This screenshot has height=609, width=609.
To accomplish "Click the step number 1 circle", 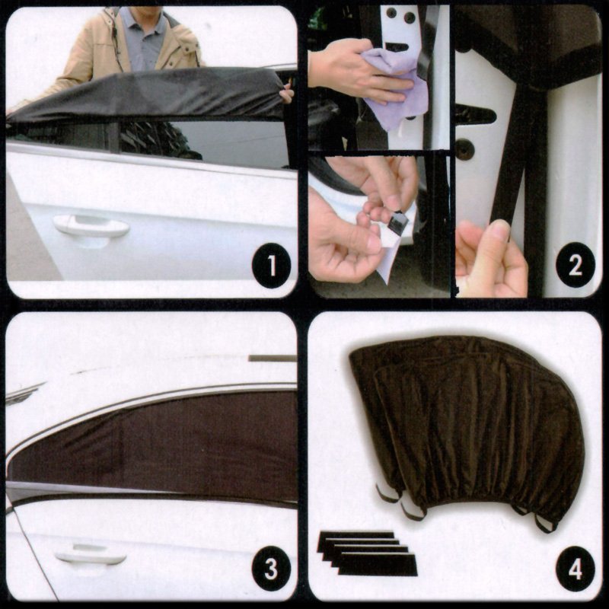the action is (272, 265).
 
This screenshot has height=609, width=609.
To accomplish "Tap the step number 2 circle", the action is (576, 265).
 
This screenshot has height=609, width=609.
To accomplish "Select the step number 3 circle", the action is (271, 569).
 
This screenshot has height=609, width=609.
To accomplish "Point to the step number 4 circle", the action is (576, 569).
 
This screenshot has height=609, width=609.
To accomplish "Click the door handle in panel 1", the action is (91, 226).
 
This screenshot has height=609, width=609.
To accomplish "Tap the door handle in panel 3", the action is (91, 554).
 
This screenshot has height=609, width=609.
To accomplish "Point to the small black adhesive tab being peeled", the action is (399, 222).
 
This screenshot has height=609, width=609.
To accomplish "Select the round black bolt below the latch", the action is (464, 148).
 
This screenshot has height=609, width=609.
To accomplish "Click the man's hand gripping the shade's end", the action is (288, 95).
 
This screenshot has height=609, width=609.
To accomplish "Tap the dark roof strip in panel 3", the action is (273, 358).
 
